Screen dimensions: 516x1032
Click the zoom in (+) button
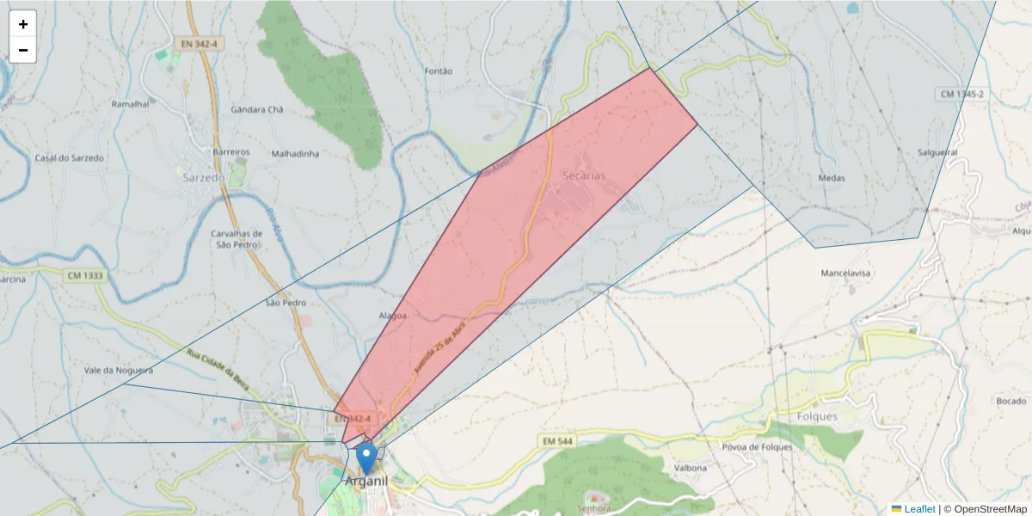pyautogui.click(x=23, y=24)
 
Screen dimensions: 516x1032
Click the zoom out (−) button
pyautogui.click(x=23, y=50)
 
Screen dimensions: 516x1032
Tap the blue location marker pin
pyautogui.click(x=366, y=457)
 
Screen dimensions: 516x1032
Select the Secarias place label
pyautogui.click(x=583, y=175)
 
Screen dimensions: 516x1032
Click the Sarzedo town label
pyautogui.click(x=203, y=177)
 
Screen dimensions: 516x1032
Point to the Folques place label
pyautogui.click(x=817, y=416)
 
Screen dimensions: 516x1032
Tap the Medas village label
pyautogui.click(x=832, y=178)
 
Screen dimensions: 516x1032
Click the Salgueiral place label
pyautogui.click(x=937, y=152)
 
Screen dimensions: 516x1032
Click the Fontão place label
pyautogui.click(x=439, y=71)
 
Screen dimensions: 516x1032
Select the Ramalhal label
pyautogui.click(x=130, y=103)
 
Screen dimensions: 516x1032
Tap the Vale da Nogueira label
pyautogui.click(x=119, y=370)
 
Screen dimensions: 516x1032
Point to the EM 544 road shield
pyautogui.click(x=557, y=441)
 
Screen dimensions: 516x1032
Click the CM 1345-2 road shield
pyautogui.click(x=961, y=94)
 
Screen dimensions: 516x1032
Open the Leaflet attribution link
pyautogui.click(x=919, y=509)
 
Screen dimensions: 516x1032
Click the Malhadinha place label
pyautogui.click(x=295, y=154)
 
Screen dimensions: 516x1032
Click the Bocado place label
pyautogui.click(x=1010, y=402)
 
